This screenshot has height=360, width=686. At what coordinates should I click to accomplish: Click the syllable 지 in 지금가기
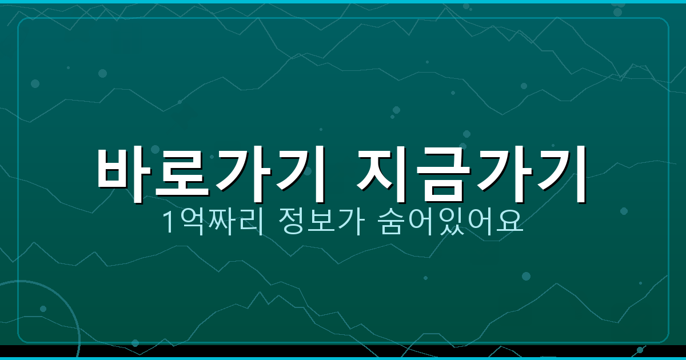(386, 173)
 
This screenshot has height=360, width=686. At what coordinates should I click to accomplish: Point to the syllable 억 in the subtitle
(190, 223)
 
